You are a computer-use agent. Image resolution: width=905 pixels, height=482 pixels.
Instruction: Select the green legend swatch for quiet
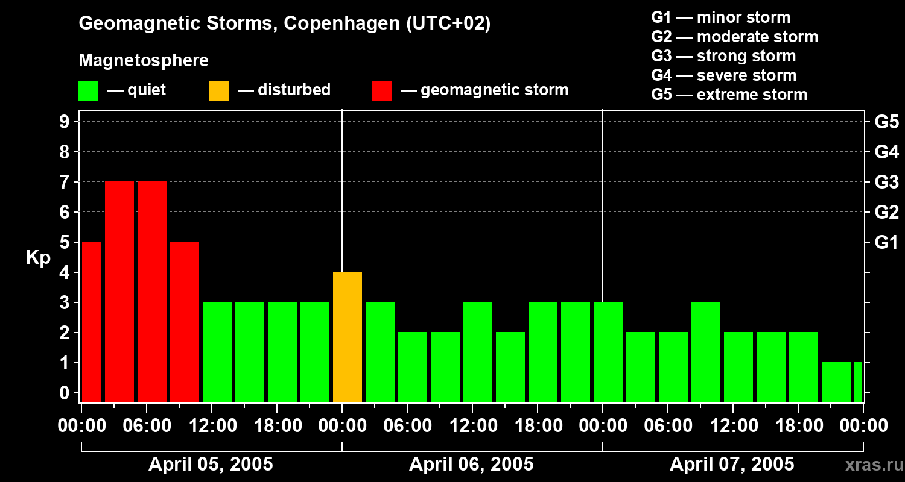[x=88, y=90]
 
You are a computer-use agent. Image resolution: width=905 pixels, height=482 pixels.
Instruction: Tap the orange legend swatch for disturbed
[x=218, y=90]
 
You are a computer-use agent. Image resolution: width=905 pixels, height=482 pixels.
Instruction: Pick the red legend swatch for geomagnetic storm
[x=381, y=90]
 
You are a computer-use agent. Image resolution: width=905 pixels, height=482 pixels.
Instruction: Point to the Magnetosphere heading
[x=144, y=61]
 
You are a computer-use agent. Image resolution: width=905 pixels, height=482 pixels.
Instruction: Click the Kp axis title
[x=38, y=257]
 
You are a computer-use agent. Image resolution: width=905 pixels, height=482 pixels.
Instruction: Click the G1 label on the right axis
[x=886, y=243]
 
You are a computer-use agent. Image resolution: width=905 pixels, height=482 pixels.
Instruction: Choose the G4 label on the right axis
[x=886, y=152]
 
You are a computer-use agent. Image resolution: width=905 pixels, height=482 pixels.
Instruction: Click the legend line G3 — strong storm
[x=723, y=56]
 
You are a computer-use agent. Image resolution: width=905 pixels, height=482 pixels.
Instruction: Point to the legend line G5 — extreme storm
[x=729, y=95]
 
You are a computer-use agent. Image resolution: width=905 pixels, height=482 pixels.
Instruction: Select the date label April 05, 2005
[x=211, y=465]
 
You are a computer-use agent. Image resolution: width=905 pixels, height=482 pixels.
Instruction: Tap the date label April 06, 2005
[x=471, y=465]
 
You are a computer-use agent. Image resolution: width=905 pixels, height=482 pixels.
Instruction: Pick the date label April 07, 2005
[x=732, y=465]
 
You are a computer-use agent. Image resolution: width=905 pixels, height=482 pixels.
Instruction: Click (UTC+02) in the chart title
[x=448, y=23]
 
